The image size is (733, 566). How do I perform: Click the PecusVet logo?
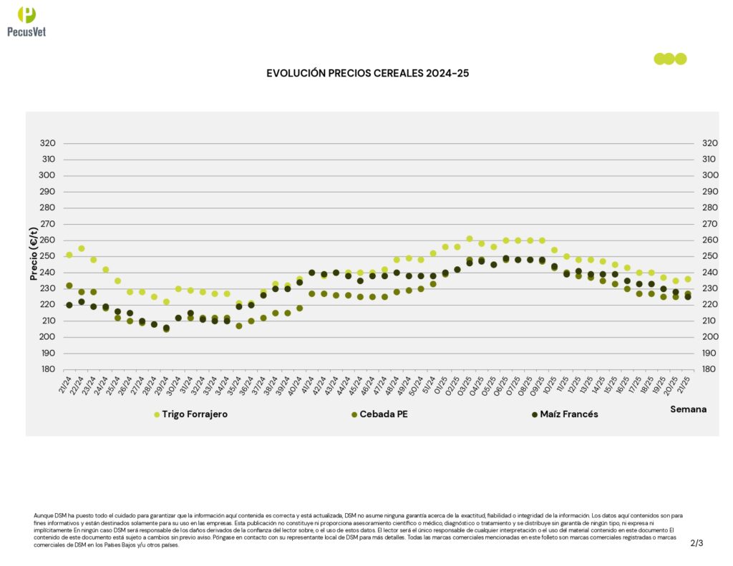(26, 21)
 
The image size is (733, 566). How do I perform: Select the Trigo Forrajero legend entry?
(195, 414)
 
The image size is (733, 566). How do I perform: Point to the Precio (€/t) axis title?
(34, 254)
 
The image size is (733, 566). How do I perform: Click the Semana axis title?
(688, 409)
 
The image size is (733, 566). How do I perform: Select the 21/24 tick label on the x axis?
(66, 386)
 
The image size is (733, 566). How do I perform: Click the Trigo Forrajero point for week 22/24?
(82, 248)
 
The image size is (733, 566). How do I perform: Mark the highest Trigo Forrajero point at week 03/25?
(470, 239)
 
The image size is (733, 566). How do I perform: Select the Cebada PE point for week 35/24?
(239, 326)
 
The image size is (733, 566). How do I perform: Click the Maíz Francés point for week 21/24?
(69, 305)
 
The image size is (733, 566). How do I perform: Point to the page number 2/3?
(696, 543)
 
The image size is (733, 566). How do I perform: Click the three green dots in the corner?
(670, 59)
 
